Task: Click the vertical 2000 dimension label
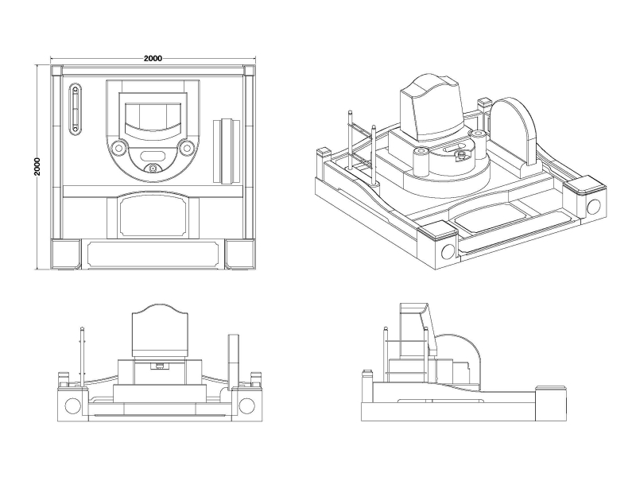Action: [x=37, y=166]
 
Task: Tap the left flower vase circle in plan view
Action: [x=118, y=147]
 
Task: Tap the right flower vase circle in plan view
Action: [x=187, y=147]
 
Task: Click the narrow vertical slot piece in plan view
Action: [x=75, y=109]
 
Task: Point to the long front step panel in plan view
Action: [x=151, y=254]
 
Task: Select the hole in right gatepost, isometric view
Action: [x=592, y=207]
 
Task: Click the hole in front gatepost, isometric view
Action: [x=447, y=253]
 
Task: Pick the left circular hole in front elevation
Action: [x=72, y=405]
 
